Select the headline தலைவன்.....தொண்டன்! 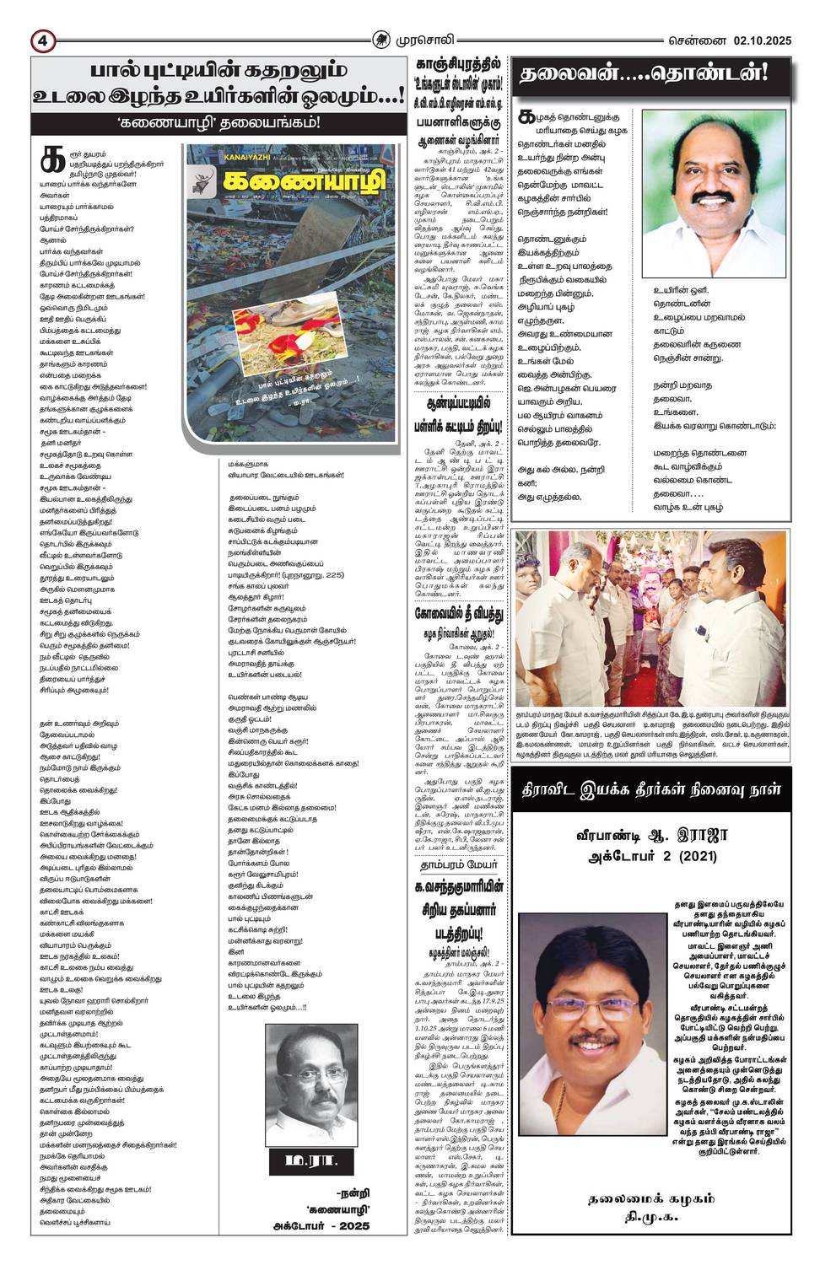644,74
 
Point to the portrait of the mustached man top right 714,193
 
